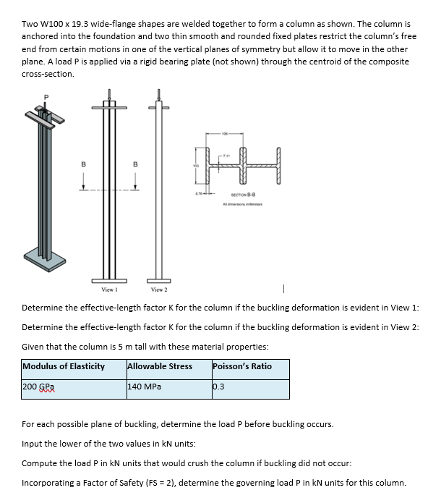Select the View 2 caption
point(159,289)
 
